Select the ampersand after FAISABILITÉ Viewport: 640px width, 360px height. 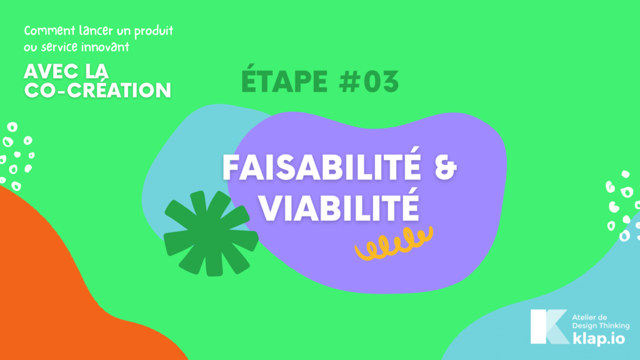[445, 167]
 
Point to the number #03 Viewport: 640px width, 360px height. [369, 82]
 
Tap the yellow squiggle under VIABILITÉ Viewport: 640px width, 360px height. [394, 243]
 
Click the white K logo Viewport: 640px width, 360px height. [549, 326]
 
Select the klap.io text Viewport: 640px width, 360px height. [598, 339]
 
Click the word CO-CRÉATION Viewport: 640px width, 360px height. [97, 91]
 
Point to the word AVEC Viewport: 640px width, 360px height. [52, 72]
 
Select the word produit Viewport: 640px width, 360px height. [154, 31]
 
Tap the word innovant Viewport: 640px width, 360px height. [105, 47]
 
